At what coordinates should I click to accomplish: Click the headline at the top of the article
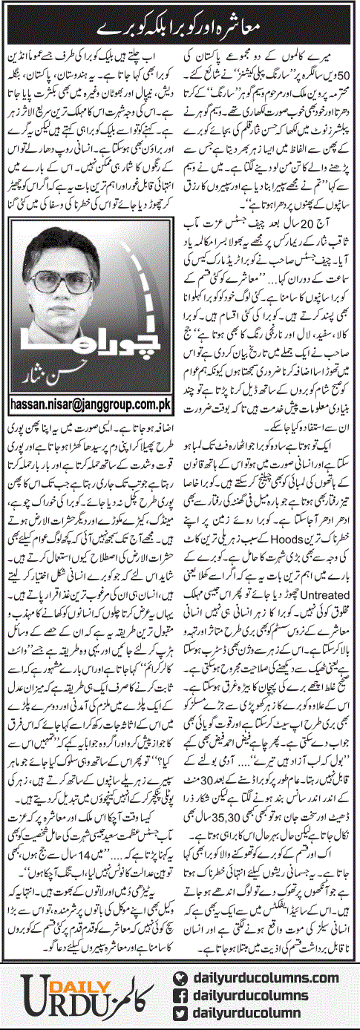[180, 26]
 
